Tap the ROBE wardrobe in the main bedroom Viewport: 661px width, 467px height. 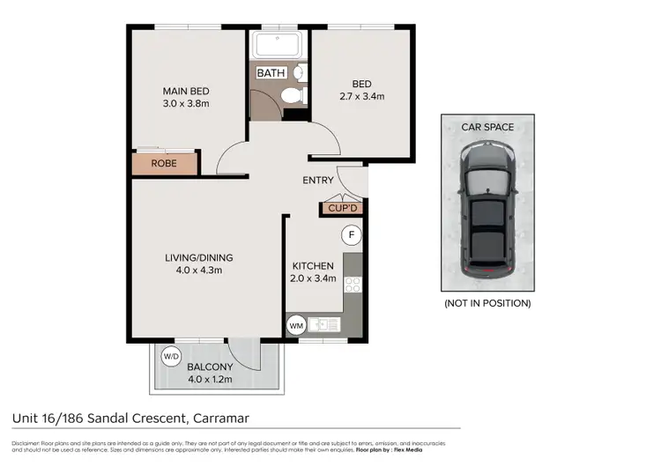pyautogui.click(x=164, y=163)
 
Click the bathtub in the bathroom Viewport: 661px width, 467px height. pyautogui.click(x=279, y=46)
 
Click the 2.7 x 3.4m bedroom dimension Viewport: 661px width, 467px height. pyautogui.click(x=362, y=97)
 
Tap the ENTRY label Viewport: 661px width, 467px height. pyautogui.click(x=318, y=181)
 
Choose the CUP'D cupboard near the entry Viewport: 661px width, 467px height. pyautogui.click(x=341, y=209)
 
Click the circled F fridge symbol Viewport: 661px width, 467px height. pyautogui.click(x=352, y=234)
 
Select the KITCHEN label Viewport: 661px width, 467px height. pyautogui.click(x=313, y=265)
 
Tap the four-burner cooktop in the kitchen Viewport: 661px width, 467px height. pyautogui.click(x=353, y=285)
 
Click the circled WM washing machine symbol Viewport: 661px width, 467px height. pyautogui.click(x=296, y=325)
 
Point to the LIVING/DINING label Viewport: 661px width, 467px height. pyautogui.click(x=198, y=257)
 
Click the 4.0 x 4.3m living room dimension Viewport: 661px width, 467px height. pyautogui.click(x=198, y=271)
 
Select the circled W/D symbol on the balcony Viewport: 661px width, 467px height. pyautogui.click(x=170, y=357)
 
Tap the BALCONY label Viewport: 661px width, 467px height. pyautogui.click(x=210, y=367)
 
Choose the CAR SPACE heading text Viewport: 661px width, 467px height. pyautogui.click(x=487, y=127)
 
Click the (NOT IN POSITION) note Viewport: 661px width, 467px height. pyautogui.click(x=487, y=303)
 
